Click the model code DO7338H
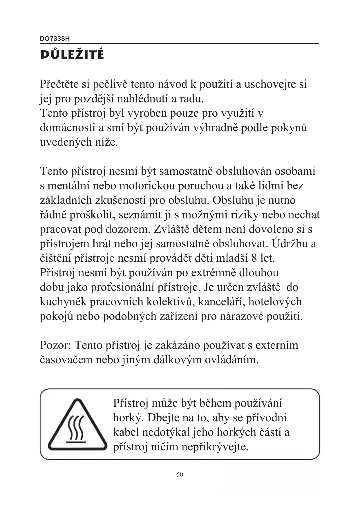55,39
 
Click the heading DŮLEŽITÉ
72,54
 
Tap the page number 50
180,474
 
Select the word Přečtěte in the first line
59,84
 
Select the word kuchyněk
63,302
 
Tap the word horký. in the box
128,418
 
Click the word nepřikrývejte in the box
215,447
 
